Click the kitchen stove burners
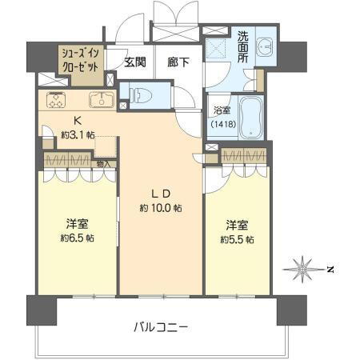click(57, 100)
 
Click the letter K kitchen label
click(78, 121)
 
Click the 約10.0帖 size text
click(160, 208)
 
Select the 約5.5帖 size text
click(239, 238)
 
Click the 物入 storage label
click(104, 164)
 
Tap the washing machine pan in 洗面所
click(218, 50)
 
